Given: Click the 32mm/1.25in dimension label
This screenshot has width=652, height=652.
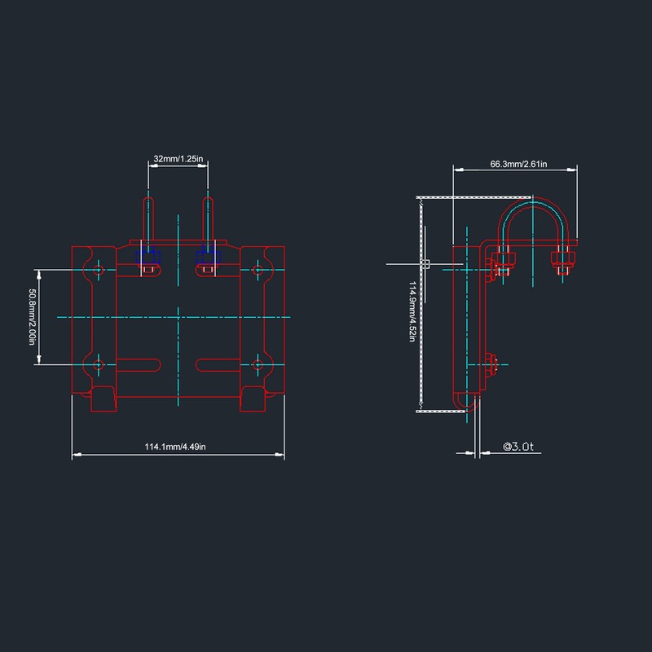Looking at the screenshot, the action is click(178, 159).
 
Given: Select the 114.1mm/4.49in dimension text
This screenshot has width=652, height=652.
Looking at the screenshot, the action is click(175, 447).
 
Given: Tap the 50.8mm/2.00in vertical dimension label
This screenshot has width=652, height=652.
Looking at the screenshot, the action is click(32, 317).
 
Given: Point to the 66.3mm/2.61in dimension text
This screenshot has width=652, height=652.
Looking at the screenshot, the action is click(518, 164).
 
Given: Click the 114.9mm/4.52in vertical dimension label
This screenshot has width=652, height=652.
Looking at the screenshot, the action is click(412, 311).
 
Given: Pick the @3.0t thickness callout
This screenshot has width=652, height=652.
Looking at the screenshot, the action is click(518, 447).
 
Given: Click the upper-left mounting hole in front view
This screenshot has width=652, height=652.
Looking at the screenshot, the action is click(98, 270).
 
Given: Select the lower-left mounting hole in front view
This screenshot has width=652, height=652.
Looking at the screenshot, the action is click(98, 364).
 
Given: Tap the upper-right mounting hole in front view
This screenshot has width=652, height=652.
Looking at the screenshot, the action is click(258, 270).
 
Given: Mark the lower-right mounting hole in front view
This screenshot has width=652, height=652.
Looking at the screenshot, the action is click(258, 364).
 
